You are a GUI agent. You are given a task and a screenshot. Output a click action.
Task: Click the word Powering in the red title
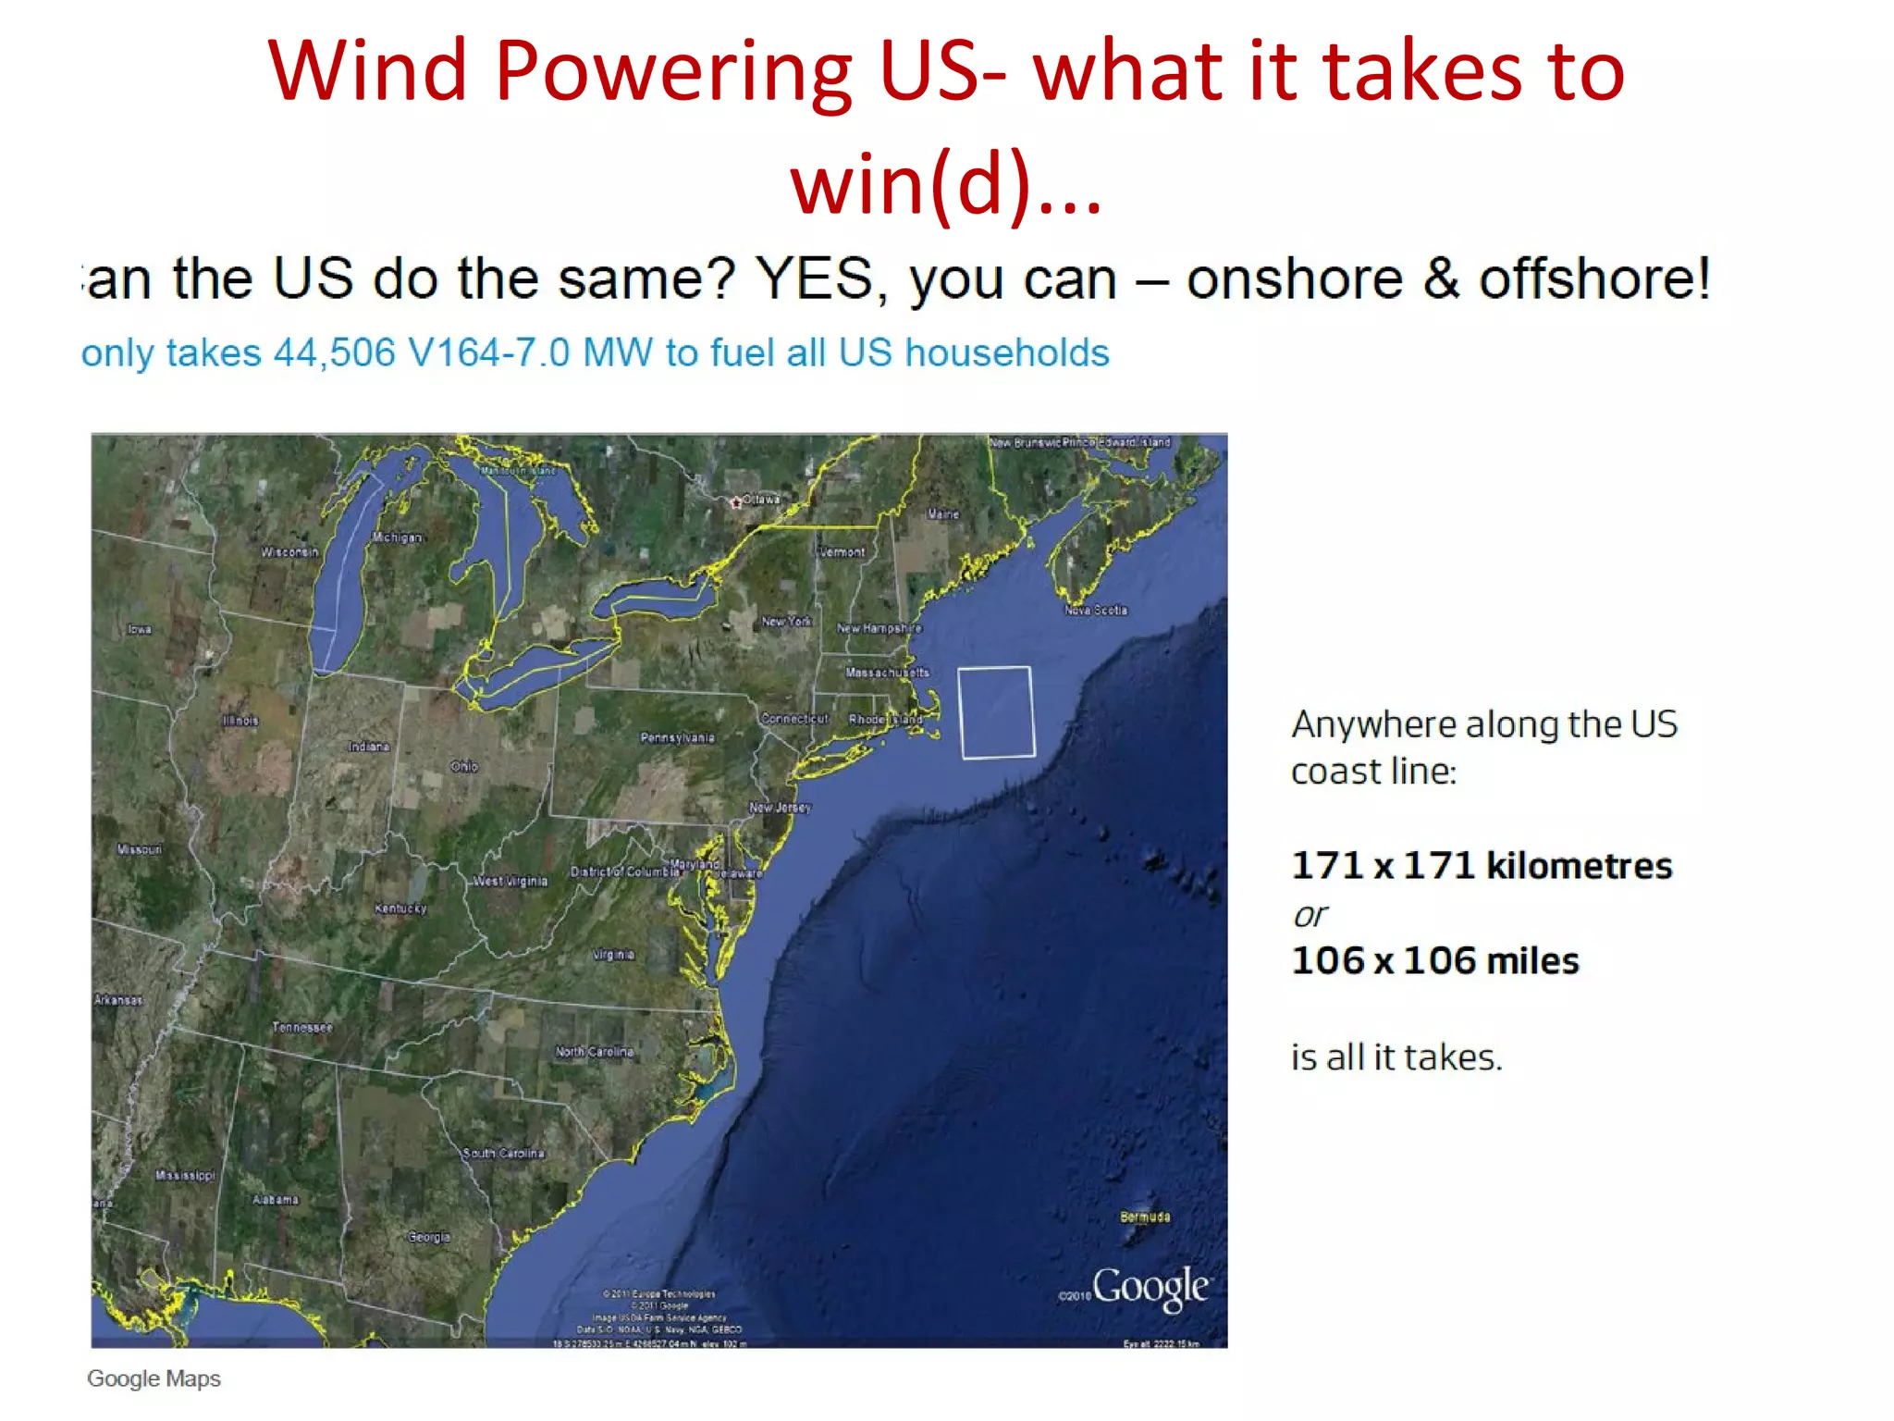673,72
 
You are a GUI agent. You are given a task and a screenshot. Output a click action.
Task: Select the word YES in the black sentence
814,278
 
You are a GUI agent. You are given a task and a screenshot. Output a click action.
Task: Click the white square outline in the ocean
996,711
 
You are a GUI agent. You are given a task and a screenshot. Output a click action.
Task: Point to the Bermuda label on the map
1145,1217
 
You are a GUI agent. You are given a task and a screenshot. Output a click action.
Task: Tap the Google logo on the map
1150,1287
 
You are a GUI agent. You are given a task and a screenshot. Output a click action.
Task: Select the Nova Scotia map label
1096,611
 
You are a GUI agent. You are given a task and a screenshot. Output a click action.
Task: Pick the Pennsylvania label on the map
678,737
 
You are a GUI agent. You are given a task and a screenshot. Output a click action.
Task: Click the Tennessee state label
301,1027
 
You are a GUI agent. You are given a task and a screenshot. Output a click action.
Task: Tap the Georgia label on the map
429,1237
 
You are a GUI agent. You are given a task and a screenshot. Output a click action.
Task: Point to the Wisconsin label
289,552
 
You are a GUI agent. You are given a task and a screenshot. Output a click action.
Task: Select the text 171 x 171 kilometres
1482,866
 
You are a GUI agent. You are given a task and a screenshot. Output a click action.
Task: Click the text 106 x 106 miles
1434,961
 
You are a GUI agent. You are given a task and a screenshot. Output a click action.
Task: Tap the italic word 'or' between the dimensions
1310,915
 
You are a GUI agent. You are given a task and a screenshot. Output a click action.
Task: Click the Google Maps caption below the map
154,1378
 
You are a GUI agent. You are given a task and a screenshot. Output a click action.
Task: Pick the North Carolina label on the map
595,1052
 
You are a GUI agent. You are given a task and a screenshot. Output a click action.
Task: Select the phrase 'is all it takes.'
1396,1056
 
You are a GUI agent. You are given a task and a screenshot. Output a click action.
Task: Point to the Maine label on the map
943,514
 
